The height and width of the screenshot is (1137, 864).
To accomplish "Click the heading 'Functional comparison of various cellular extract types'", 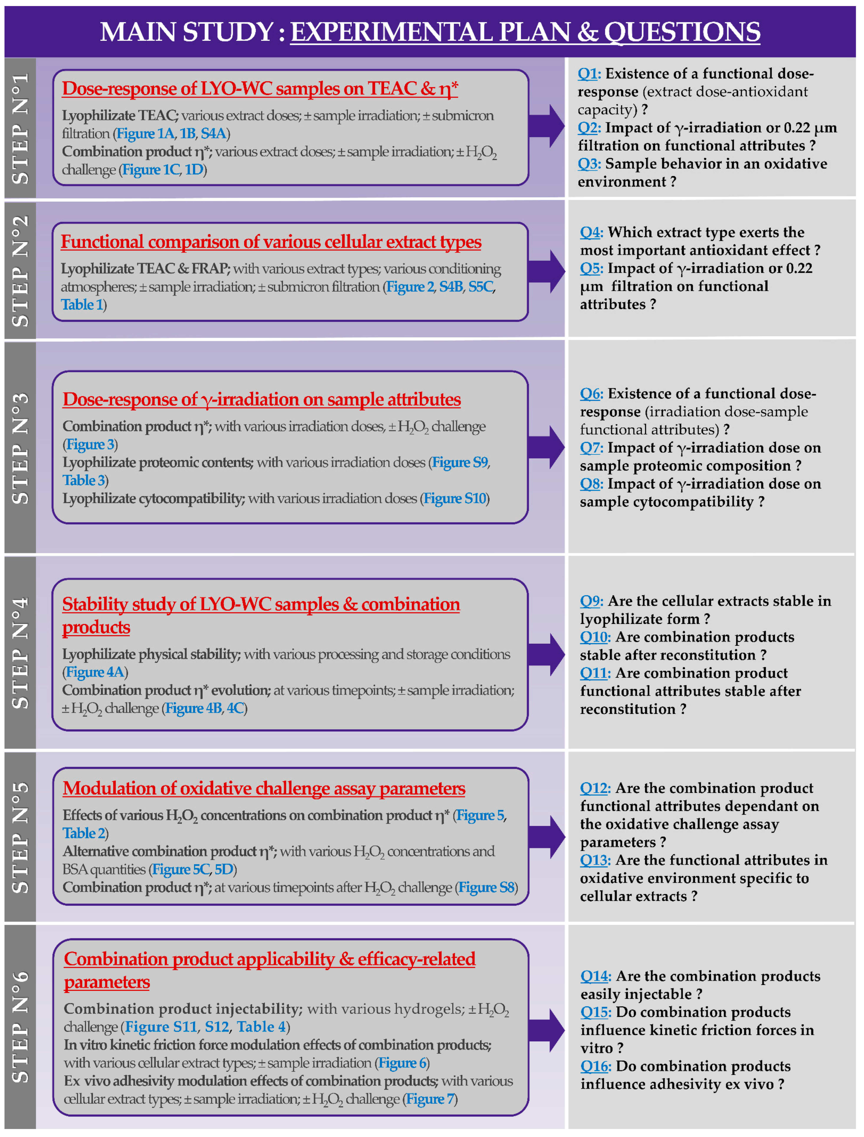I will pos(271,242).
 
